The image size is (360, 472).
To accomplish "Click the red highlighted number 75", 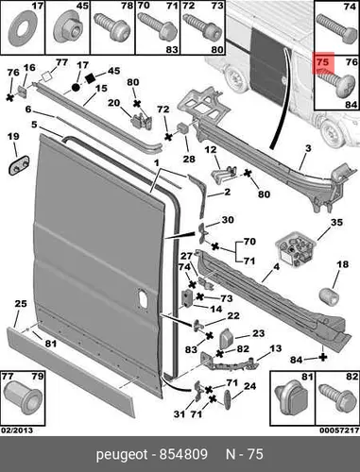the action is coord(322,62).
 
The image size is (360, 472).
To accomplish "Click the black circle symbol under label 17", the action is coord(76,87).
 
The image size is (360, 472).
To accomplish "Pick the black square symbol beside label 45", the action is coord(91,77).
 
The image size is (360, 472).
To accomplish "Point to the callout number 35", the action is coord(336,223).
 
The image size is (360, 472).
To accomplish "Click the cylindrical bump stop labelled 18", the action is coord(329,295).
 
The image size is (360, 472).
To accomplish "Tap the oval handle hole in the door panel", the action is coord(142,298).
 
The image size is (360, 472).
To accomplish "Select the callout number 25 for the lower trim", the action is coord(21,304).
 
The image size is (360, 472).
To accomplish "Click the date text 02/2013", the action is coord(17,430).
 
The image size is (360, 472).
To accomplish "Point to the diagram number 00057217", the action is coord(339,430).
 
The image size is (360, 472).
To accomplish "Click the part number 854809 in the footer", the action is coord(183,454).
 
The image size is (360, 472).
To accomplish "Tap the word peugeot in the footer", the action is coord(122,455).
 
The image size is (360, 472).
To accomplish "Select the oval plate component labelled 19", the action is coord(19,165).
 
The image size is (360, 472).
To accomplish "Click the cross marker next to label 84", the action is coord(323,357).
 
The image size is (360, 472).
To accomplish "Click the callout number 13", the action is coord(275,348).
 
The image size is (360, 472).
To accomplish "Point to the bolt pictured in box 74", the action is coord(336,29).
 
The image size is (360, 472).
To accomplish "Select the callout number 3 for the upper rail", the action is coord(308,148).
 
